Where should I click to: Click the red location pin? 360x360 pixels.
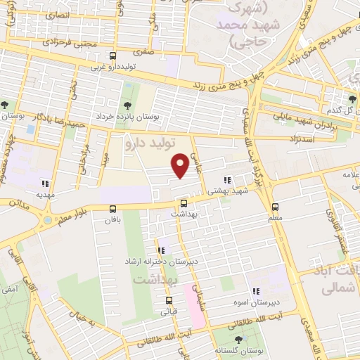[181, 165]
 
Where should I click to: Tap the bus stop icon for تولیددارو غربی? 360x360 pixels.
[113, 56]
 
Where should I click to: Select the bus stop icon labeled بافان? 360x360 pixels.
[113, 208]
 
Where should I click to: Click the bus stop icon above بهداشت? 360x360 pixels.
[184, 204]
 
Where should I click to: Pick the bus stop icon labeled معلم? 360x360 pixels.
[275, 207]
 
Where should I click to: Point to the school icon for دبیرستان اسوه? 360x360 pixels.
[256, 290]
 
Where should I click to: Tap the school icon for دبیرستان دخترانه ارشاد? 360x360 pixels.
[162, 250]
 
